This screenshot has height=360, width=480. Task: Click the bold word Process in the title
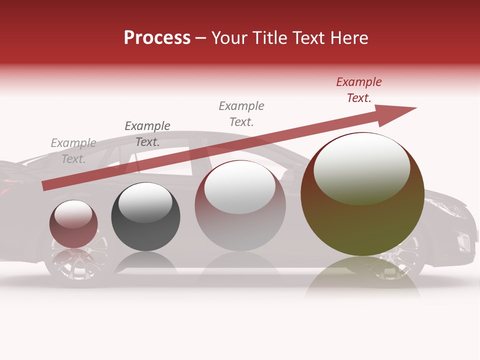[157, 37]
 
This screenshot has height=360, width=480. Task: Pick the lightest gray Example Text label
[73, 151]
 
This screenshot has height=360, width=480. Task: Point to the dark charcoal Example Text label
[147, 134]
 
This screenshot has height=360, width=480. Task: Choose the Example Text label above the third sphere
[241, 114]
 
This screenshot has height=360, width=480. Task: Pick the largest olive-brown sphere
[362, 220]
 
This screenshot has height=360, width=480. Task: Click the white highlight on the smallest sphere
[73, 214]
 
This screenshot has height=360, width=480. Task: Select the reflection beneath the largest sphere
[362, 277]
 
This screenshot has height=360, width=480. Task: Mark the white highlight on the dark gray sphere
[145, 202]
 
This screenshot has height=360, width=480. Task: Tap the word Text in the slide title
[309, 38]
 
